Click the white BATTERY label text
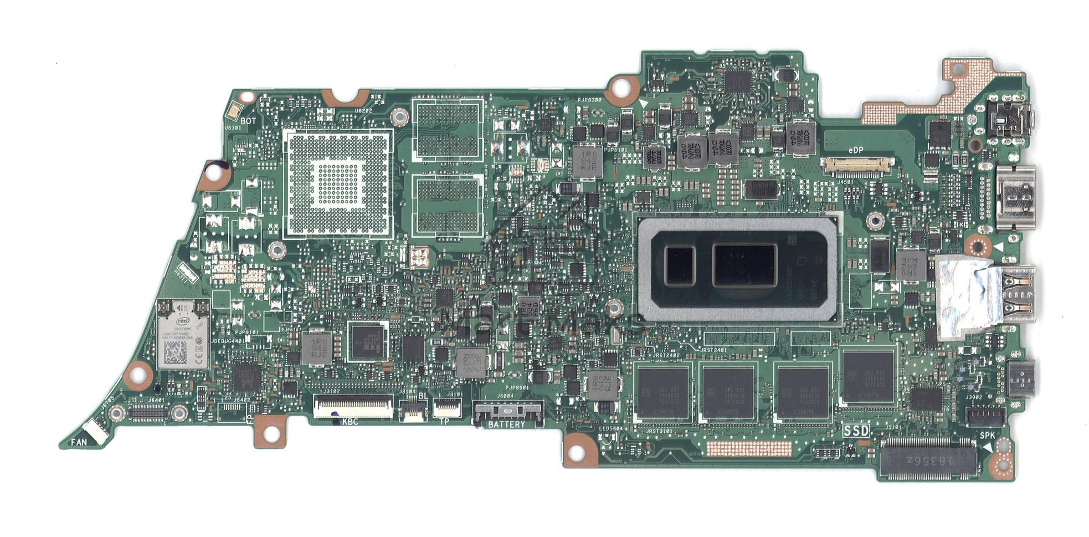click(x=506, y=425)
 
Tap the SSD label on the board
click(x=856, y=430)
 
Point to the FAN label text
click(x=79, y=442)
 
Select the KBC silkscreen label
click(x=350, y=422)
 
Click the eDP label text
click(x=855, y=150)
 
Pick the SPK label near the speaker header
click(x=987, y=436)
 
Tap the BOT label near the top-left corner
click(x=248, y=121)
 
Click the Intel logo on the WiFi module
click(x=183, y=321)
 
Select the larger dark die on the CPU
click(x=744, y=265)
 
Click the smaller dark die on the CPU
click(x=679, y=265)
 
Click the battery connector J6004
click(x=507, y=412)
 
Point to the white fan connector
click(x=96, y=432)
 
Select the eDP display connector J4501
click(x=856, y=164)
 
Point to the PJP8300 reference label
click(x=588, y=100)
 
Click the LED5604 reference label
click(x=610, y=428)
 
